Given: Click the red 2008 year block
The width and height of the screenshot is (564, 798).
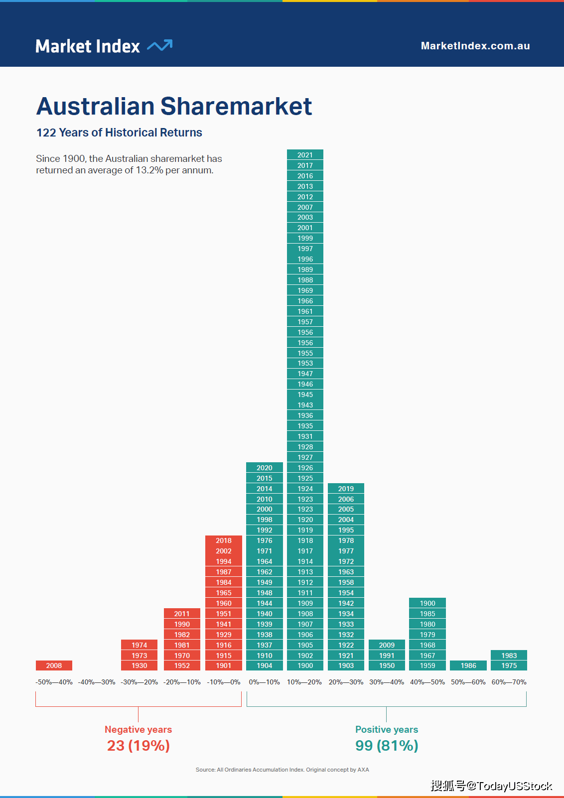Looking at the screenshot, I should pos(54,665).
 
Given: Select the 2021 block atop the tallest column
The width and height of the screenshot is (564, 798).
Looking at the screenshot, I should pos(305,155).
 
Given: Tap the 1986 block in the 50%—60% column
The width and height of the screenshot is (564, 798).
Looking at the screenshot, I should pos(468,665).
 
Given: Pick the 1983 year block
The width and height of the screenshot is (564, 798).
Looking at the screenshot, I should pos(509,656).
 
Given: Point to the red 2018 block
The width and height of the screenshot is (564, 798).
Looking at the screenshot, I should pos(224,540).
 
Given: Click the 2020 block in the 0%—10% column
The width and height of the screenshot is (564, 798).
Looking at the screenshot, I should pos(265,468).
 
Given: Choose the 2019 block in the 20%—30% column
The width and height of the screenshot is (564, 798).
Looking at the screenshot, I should pos(346,489).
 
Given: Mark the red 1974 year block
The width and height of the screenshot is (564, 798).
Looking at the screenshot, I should pos(140,645).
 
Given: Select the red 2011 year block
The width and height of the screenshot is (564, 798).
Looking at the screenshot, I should pos(182,614).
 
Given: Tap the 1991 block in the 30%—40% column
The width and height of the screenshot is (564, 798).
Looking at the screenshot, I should pos(387,656).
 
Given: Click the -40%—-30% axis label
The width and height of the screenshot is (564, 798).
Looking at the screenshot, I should pos(97,682).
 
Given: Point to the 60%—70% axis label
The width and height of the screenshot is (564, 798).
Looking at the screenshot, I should pos(509,682).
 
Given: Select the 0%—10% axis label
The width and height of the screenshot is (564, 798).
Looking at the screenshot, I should pos(265,682).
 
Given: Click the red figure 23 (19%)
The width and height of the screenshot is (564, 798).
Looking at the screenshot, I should pos(139,746).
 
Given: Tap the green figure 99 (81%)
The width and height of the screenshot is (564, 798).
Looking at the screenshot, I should pos(387,746).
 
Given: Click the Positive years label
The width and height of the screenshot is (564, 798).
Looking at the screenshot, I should pos(387,729).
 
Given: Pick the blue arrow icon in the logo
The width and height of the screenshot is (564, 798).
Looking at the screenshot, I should pos(160,45).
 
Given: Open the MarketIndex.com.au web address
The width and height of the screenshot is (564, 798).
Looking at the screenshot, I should pos(475,46).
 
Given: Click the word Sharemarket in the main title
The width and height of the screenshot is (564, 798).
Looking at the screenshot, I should pos(236,106).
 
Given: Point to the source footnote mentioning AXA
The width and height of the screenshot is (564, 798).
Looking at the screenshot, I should pos(282,770).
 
